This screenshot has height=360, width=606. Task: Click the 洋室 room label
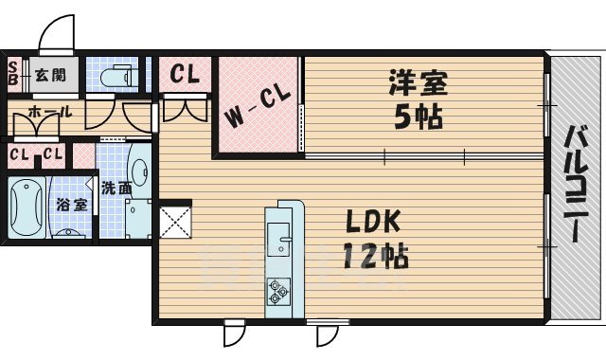[x=417, y=83]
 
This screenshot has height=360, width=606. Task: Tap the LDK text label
[x=372, y=224]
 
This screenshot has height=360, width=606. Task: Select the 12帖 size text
[x=376, y=256]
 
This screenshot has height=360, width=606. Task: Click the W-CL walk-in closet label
[x=256, y=109]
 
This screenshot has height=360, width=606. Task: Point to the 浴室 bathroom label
[x=69, y=204]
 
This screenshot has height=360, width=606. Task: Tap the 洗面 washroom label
[x=116, y=188]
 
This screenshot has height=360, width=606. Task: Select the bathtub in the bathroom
[x=25, y=209]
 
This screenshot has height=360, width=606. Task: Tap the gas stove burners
[x=279, y=290]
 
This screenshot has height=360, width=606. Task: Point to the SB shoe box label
[x=13, y=73]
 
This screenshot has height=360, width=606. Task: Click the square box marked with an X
[x=176, y=222]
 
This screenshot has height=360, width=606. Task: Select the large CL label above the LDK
[x=186, y=74]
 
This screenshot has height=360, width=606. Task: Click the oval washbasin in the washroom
[x=138, y=172]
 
